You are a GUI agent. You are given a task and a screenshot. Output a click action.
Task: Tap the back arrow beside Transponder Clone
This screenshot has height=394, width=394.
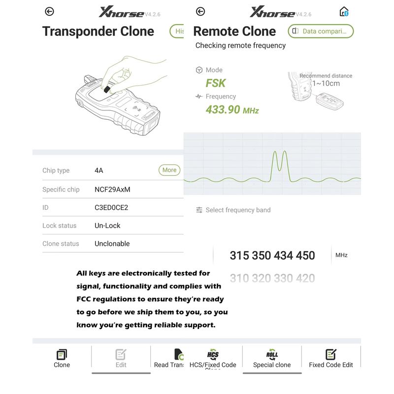[49, 11]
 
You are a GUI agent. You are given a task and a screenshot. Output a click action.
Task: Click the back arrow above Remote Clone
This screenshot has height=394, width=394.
[200, 11]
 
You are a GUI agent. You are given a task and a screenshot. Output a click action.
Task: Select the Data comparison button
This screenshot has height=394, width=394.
[321, 31]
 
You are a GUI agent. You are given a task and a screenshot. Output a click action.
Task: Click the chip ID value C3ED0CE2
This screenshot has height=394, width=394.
[111, 207]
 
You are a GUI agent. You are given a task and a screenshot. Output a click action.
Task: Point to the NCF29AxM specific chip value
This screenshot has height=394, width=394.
[112, 189]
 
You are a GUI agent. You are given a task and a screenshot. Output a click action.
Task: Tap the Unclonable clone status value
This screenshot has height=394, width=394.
[112, 243]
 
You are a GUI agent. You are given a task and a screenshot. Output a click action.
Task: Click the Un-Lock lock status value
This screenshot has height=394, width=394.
[107, 226]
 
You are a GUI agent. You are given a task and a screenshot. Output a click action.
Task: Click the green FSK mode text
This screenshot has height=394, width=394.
[216, 83]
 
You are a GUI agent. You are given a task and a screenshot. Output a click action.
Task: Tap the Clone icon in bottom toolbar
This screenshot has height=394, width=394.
[62, 355]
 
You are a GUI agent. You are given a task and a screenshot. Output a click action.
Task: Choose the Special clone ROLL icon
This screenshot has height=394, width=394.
[272, 354]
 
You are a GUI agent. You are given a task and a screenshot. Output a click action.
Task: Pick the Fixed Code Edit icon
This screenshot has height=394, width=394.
[331, 354]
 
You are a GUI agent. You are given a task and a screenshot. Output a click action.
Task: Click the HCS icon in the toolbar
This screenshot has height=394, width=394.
[213, 354]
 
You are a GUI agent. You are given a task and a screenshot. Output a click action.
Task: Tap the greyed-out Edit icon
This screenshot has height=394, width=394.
[121, 355]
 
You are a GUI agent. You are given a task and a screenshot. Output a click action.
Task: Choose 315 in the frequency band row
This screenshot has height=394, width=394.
[239, 256]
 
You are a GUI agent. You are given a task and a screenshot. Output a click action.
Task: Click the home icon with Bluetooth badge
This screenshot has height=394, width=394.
[344, 11]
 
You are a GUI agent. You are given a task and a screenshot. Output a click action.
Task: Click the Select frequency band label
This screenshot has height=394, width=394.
[238, 210]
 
